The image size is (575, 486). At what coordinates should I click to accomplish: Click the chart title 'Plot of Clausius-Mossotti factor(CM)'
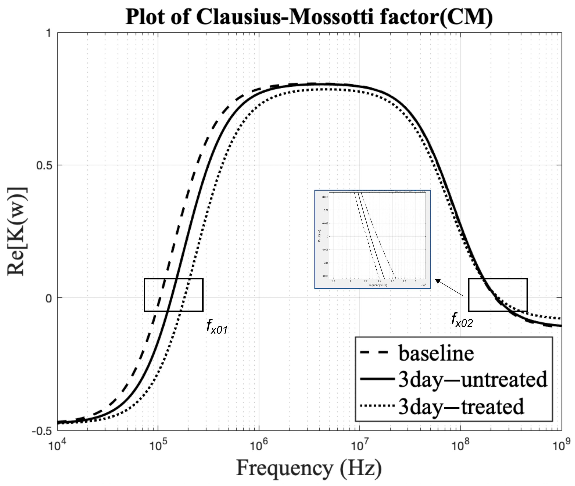(x=309, y=17)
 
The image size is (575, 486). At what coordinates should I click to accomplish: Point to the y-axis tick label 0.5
(x=44, y=166)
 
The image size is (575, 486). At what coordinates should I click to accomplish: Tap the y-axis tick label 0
(x=49, y=298)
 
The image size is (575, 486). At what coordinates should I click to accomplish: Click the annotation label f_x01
(x=217, y=326)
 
